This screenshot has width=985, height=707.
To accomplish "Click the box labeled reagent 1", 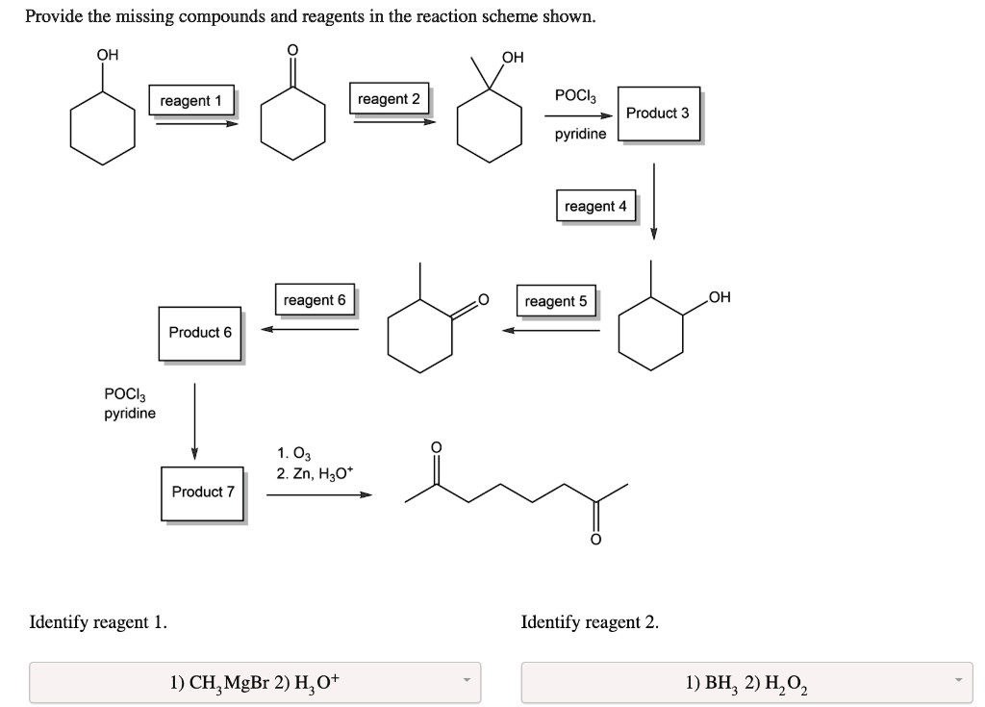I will (190, 101).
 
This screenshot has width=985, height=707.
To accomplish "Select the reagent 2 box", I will (389, 99).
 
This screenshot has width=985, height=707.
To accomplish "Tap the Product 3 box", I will (658, 114).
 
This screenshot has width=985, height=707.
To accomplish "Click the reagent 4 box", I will (595, 206).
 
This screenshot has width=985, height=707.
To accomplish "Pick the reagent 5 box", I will (555, 301).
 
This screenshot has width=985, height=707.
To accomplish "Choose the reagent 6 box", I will (315, 300).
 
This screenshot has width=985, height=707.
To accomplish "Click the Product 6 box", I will (200, 333).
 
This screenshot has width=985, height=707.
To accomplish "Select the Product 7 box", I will (203, 492).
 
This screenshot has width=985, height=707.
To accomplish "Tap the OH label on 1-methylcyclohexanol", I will (513, 57).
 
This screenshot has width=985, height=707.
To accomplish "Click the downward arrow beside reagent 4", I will (654, 200).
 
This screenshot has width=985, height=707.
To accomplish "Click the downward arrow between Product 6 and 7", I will (194, 421).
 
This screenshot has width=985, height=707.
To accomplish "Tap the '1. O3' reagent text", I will (293, 453).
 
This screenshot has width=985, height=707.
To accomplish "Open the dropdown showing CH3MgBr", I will (255, 683).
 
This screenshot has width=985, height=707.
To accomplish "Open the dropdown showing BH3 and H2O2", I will (746, 683).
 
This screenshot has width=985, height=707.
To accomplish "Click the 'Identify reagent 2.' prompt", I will (590, 622).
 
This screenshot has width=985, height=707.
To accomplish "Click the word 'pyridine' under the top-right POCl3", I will (580, 134).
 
